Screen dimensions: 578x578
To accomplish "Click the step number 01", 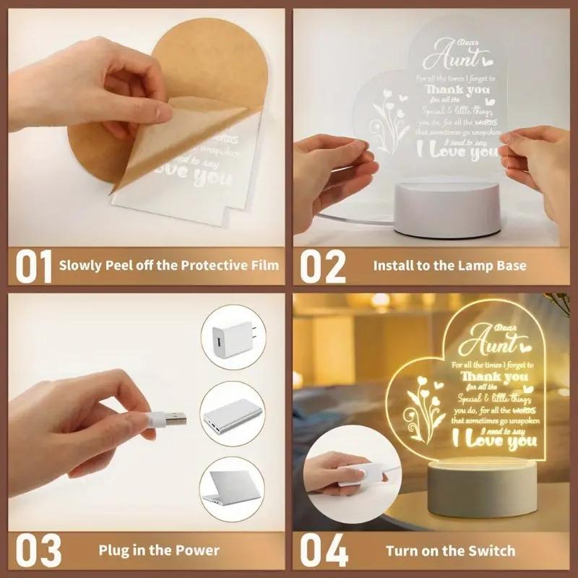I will [x=34, y=266].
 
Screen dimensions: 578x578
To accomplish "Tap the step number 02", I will [x=322, y=266].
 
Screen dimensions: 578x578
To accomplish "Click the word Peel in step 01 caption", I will [x=121, y=266].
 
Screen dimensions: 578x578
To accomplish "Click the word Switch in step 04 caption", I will [x=493, y=551].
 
